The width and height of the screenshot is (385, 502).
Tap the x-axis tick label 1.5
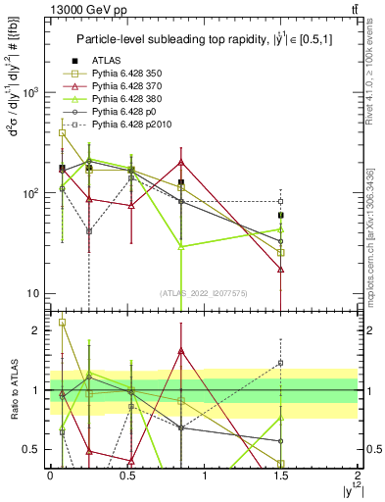click(x=281, y=475)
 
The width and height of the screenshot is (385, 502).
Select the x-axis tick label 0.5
click(x=126, y=475)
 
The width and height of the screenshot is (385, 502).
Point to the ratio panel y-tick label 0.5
click(x=35, y=450)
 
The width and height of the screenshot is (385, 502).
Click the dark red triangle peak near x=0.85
click(x=181, y=163)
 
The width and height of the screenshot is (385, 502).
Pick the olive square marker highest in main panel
click(x=63, y=132)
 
